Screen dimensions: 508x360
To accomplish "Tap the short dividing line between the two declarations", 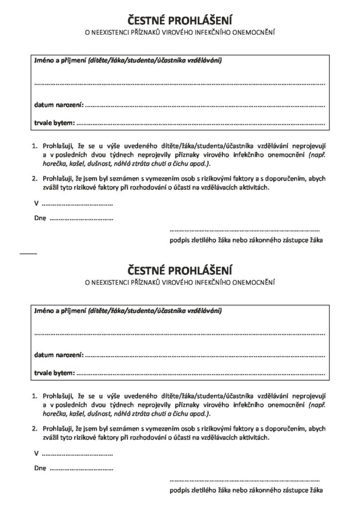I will click(28, 254).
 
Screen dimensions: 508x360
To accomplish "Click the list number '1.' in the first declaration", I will click(35, 147).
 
